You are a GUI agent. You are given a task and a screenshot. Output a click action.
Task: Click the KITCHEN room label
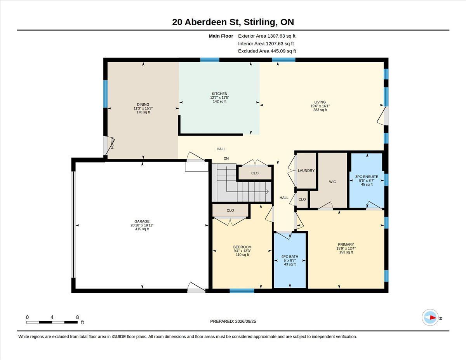[219, 94]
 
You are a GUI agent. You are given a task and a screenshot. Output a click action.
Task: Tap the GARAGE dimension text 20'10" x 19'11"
[142, 225]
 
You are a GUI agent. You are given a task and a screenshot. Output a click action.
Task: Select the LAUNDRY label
[306, 170]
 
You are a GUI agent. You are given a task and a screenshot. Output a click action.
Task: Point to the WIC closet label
[332, 182]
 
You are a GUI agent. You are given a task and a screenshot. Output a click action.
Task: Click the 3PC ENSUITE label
[367, 177]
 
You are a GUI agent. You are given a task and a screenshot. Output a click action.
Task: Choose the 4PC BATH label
[290, 256]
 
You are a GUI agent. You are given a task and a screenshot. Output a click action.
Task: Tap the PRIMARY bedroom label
[346, 244]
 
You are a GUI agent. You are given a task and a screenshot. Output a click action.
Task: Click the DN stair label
[226, 158]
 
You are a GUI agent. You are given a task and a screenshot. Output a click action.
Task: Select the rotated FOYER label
[112, 143]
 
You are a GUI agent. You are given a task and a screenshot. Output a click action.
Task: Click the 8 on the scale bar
[77, 317]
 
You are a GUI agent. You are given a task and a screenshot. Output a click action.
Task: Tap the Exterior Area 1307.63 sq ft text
[266, 36]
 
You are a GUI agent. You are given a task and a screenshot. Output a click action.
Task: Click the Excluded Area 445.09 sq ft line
[267, 51]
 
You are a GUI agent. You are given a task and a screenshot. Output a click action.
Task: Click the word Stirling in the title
[257, 22]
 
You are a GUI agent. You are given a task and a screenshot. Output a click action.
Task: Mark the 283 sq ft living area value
[320, 110]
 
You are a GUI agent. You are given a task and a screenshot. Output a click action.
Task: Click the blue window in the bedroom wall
[242, 290]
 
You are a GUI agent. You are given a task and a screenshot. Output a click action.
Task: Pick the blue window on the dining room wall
[105, 94]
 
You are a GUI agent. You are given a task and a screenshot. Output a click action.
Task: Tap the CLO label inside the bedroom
[230, 210]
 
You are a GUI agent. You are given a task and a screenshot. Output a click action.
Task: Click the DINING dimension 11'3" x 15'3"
[143, 108]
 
